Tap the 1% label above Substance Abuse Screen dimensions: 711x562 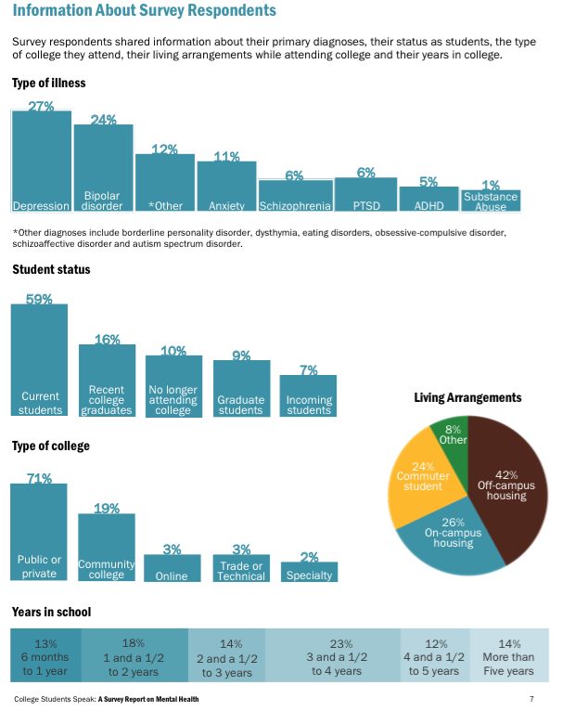[x=491, y=186]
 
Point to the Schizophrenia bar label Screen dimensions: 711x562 [x=295, y=205]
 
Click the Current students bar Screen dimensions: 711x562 [x=40, y=359]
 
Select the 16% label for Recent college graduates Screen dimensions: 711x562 [x=108, y=339]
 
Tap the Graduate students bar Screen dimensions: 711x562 [x=241, y=388]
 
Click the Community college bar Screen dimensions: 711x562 [x=107, y=547]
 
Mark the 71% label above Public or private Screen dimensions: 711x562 [x=39, y=478]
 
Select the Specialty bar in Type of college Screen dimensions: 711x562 [x=309, y=572]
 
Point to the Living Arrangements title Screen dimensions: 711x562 [x=467, y=398]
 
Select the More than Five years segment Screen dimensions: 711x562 [x=509, y=656]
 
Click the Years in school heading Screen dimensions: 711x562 [x=51, y=613]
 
